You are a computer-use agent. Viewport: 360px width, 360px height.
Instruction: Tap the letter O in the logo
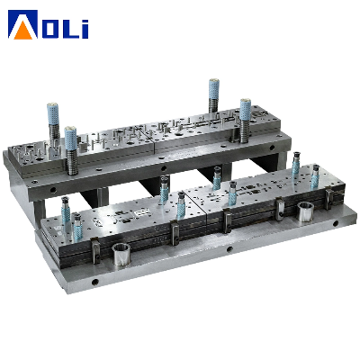pos(52,29)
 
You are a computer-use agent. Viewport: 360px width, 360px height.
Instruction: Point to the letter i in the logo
pos(85,29)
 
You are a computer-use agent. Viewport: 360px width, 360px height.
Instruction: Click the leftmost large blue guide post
pos(52,114)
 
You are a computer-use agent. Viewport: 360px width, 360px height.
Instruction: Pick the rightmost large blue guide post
pos(246,110)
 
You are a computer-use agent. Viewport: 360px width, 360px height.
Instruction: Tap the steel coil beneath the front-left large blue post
pos(72,162)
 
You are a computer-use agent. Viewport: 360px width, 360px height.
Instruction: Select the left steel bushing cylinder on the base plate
pos(121,254)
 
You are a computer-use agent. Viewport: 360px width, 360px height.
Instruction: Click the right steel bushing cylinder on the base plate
pos(305,211)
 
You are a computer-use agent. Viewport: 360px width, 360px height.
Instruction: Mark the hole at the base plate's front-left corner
pos(95,282)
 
